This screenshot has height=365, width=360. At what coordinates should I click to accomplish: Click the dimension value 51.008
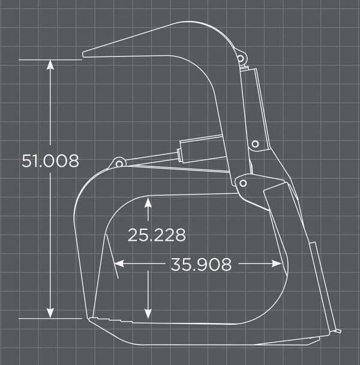50,161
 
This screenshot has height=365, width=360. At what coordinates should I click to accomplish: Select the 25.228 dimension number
157,235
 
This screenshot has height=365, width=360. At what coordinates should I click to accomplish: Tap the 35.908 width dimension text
201,265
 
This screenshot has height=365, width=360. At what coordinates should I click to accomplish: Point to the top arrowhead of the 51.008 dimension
50,64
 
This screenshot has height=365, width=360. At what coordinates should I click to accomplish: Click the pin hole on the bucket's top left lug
119,163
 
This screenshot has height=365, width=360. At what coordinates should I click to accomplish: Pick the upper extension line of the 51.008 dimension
50,59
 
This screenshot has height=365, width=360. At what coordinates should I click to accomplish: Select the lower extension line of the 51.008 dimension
50,318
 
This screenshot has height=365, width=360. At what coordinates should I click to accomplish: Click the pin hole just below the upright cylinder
255,145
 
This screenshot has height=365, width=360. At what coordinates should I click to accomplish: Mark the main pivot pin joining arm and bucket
242,182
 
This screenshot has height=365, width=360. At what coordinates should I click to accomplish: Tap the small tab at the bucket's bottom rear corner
337,330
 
